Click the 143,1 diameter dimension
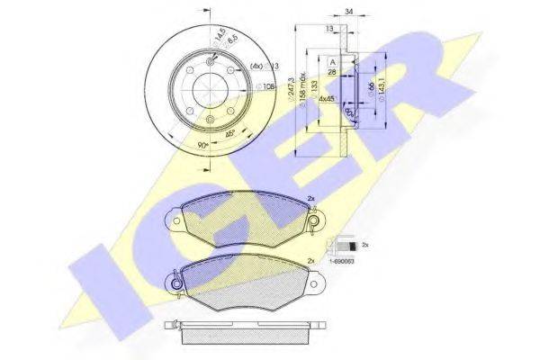click(x=384, y=88)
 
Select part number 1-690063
click(x=342, y=259)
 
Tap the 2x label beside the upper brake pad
click(x=310, y=199)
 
